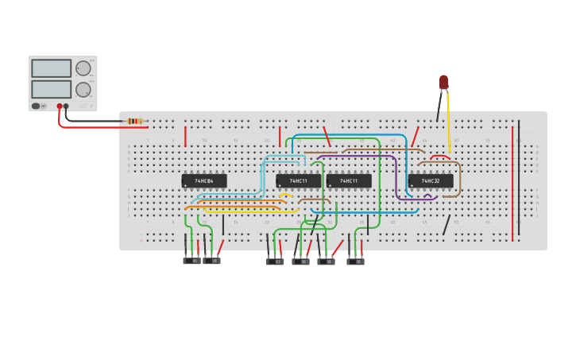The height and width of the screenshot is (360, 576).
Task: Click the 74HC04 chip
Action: point(204,181)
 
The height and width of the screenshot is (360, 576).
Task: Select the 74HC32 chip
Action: point(431,181)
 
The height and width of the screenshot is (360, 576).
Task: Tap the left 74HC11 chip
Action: point(298,181)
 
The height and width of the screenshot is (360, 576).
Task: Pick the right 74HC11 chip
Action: point(349,181)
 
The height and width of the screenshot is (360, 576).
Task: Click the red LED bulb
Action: point(443,82)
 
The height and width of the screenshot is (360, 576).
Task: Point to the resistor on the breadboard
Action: point(135,121)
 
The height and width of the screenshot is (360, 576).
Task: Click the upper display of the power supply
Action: point(52,68)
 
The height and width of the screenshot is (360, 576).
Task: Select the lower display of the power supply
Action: point(52,88)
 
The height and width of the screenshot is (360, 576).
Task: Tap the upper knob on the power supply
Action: point(83,68)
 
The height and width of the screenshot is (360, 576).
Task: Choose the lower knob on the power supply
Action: point(83,88)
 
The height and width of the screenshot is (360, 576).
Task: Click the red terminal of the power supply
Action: point(60,106)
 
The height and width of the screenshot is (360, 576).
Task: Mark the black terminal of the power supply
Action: point(66,106)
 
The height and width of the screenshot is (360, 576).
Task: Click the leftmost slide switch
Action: point(191,260)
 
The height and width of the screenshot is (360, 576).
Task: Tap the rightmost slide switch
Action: point(355,261)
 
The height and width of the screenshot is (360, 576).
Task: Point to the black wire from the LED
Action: point(439,107)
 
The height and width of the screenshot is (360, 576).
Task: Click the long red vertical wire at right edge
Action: point(512,183)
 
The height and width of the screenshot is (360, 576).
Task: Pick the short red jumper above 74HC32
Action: point(440,157)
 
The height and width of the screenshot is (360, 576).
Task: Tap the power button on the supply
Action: point(36,106)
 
